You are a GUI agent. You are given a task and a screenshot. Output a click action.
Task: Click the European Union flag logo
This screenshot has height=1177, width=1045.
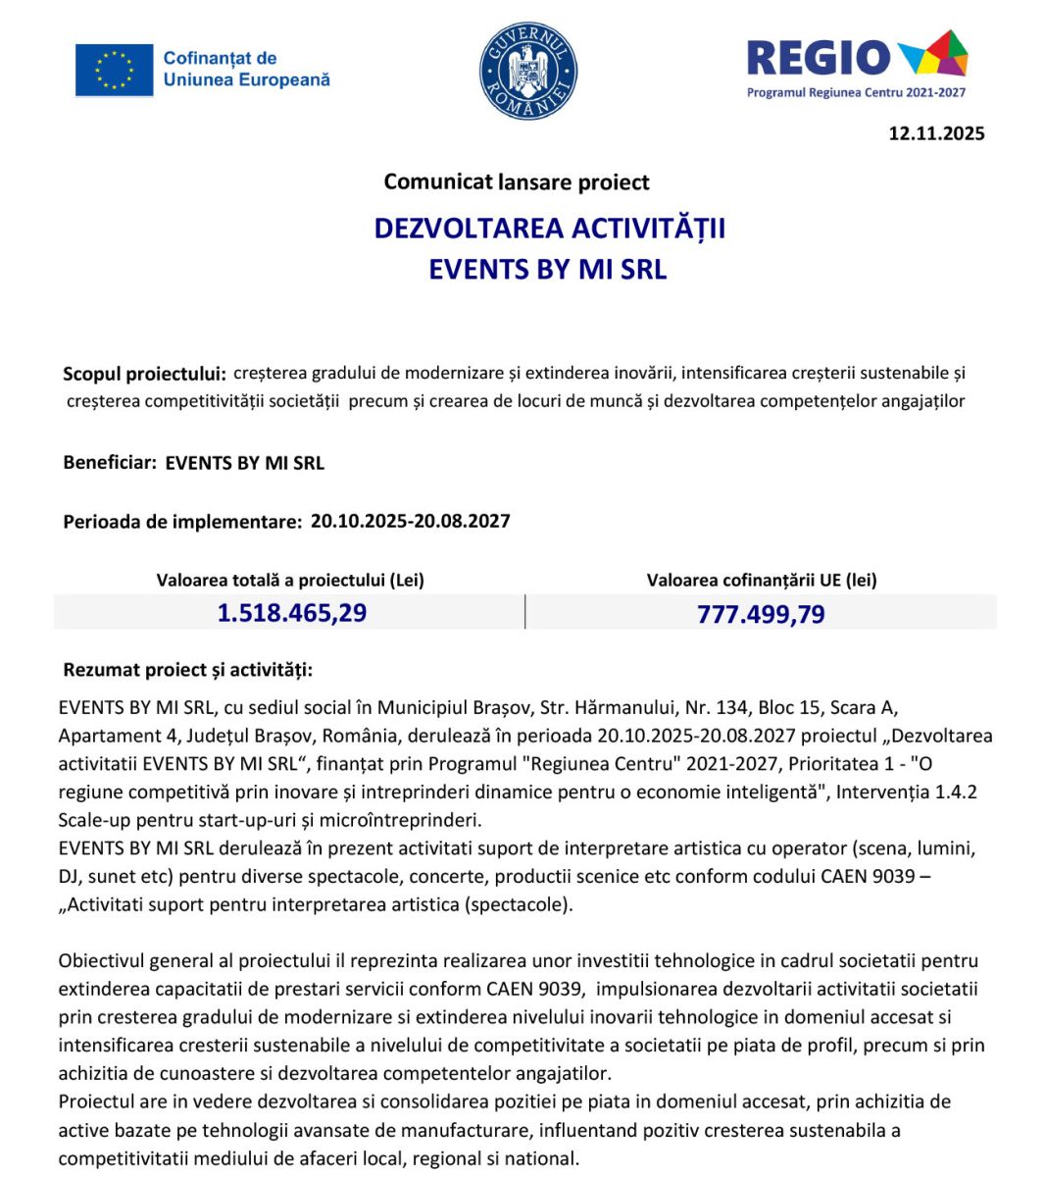(x=114, y=70)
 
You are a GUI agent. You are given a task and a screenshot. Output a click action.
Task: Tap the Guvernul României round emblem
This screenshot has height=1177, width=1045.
(x=528, y=72)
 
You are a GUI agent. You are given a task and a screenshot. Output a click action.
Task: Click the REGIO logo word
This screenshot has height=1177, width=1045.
(x=818, y=58)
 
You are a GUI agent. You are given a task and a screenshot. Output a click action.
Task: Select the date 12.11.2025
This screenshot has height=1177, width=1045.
(x=936, y=133)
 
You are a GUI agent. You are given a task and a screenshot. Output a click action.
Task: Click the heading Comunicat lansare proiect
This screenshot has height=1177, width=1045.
(x=517, y=181)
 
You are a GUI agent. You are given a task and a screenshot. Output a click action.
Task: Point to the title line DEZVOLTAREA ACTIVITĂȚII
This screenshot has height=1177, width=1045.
(x=549, y=229)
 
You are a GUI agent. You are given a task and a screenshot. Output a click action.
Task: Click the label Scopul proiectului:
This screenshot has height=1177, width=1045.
(x=144, y=374)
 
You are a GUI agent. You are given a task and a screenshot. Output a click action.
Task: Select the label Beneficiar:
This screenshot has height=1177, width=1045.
(x=110, y=463)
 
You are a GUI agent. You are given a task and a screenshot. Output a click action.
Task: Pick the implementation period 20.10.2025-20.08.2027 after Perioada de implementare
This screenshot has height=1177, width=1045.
(x=410, y=521)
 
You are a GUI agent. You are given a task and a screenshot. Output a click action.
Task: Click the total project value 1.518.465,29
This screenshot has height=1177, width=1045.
(x=291, y=613)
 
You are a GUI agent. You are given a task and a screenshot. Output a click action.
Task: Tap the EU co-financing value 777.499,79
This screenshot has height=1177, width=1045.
(x=761, y=614)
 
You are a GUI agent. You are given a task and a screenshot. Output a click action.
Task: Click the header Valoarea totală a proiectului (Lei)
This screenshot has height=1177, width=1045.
(x=290, y=580)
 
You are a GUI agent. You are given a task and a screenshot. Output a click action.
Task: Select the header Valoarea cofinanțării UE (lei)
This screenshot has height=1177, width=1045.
(x=762, y=580)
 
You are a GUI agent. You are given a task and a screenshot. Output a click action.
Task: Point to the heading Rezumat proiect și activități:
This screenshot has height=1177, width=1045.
(x=187, y=670)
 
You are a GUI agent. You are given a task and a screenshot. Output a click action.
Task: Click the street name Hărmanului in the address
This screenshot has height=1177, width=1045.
(x=626, y=707)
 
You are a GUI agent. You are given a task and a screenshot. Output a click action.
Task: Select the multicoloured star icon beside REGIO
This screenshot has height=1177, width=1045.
(x=932, y=54)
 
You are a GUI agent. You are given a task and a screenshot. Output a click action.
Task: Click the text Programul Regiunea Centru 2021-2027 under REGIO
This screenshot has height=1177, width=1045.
(x=856, y=92)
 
